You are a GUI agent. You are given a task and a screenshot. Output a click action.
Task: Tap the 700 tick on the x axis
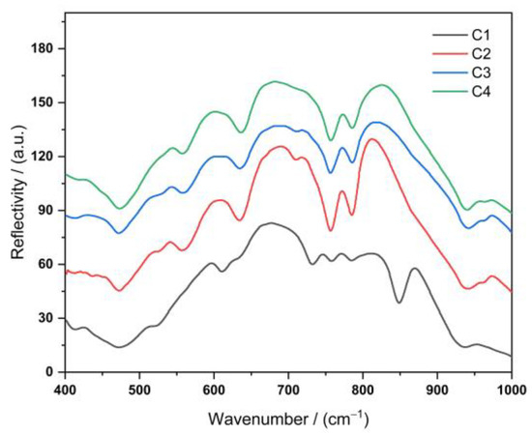coord(288,389)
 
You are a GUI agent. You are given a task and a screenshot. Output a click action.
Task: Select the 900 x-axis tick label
coord(437,389)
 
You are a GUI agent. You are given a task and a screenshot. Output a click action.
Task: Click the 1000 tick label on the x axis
coord(509,389)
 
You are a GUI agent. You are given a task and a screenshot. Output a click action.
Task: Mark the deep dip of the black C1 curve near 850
coord(399,302)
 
